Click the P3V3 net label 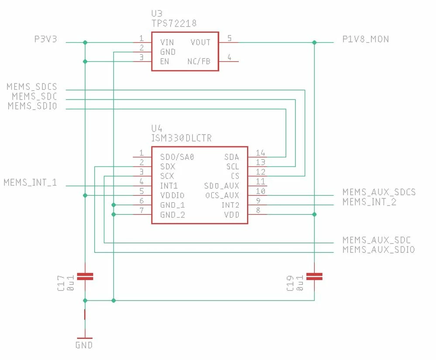point(45,39)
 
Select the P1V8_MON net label point(365,39)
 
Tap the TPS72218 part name point(174,23)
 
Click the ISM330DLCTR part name point(181,138)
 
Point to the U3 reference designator point(157,14)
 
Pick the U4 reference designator point(157,128)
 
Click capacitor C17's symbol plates point(85,277)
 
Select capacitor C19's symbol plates point(314,277)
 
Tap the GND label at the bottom point(84,345)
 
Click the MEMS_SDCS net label point(32,87)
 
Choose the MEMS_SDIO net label point(33,106)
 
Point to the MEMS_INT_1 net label point(30,183)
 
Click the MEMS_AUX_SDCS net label point(379,192)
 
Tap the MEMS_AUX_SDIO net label point(379,249)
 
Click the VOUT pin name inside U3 point(200,42)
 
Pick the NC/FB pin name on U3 point(199,62)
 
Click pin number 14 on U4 point(261,153)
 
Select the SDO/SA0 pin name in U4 point(177,157)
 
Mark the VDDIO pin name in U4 point(172,195)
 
